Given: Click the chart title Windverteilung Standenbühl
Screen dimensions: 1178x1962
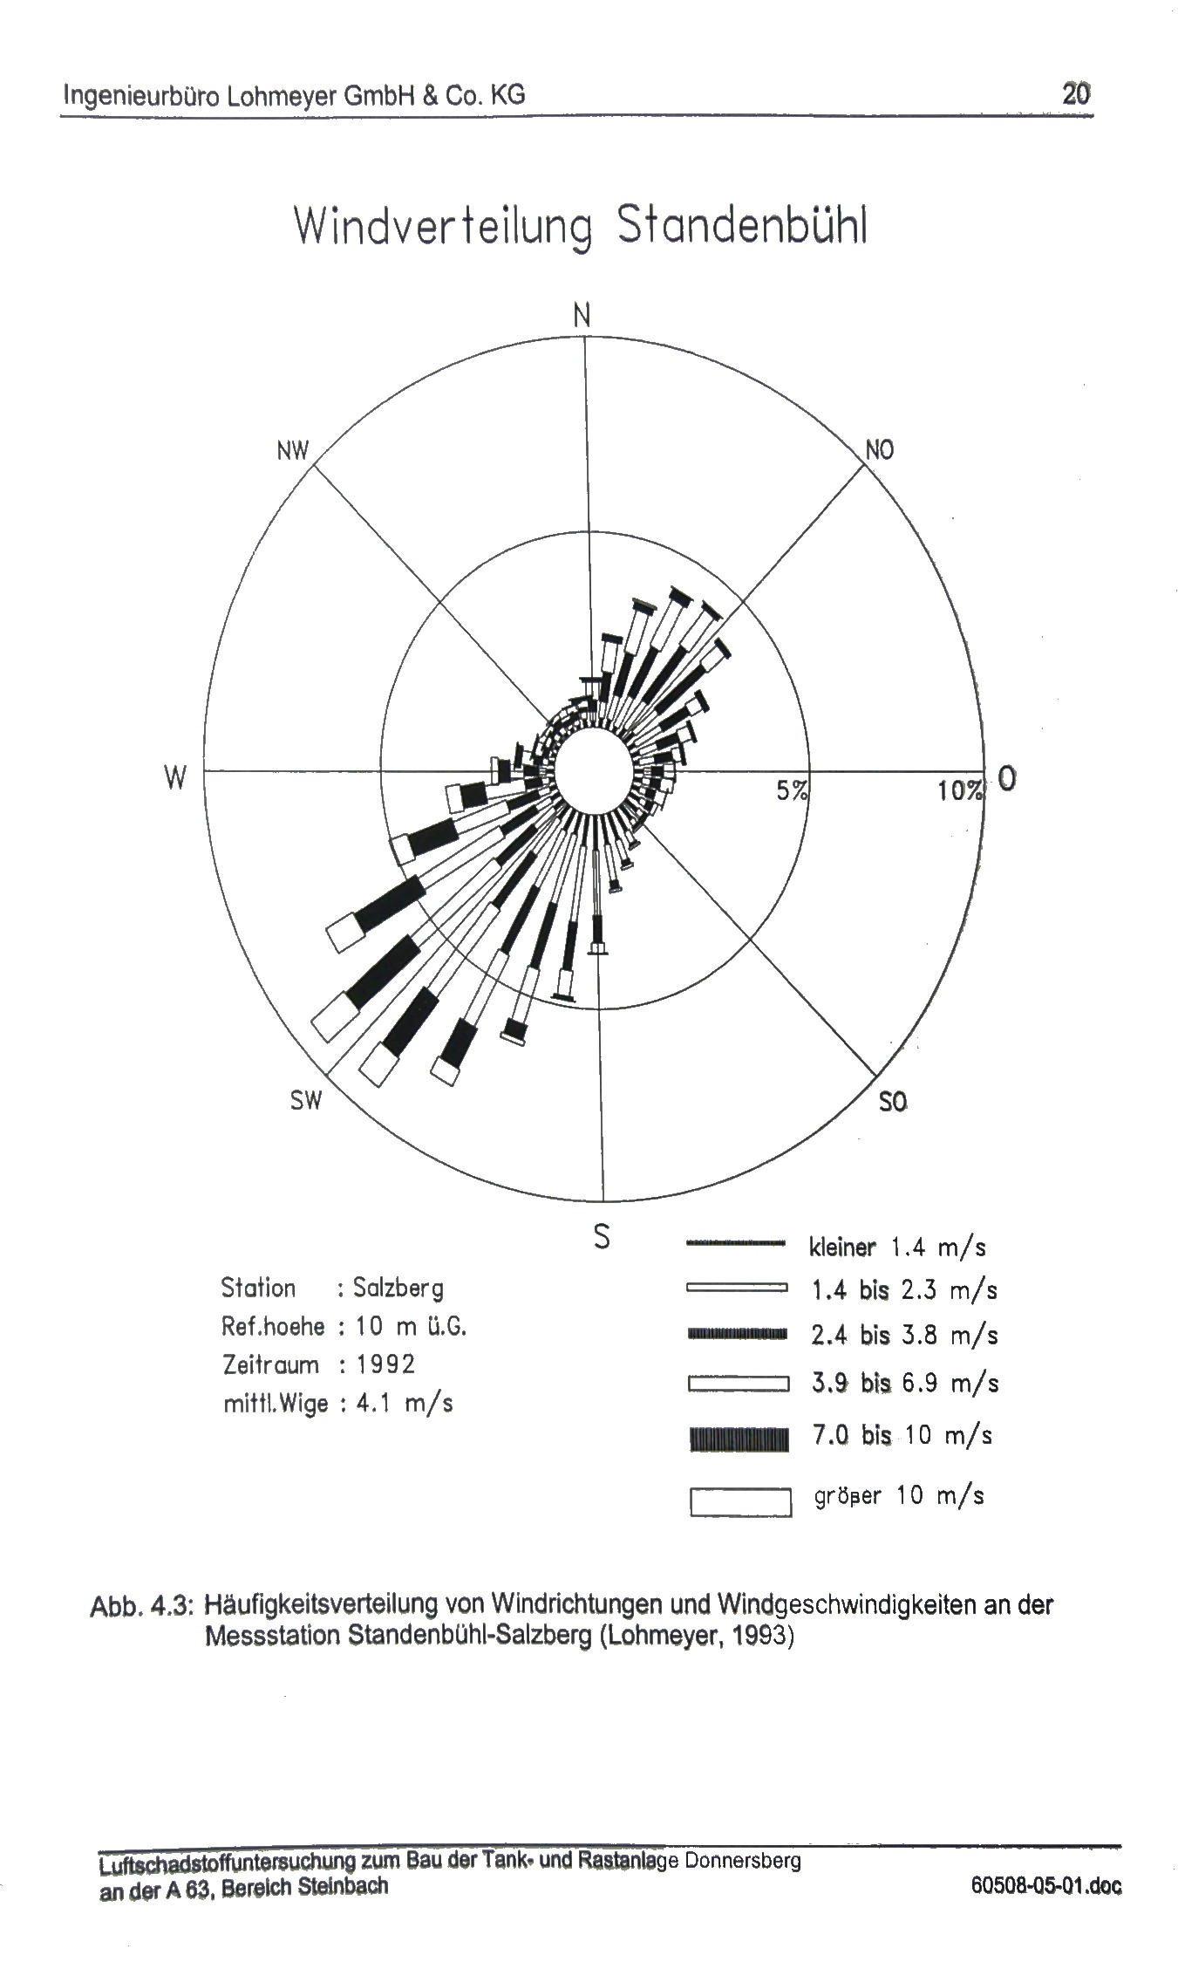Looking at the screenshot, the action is [x=581, y=227].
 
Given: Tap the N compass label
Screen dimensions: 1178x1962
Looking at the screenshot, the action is [x=582, y=315].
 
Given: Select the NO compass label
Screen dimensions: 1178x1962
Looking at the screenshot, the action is [x=879, y=450].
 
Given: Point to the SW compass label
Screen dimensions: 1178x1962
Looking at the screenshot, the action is [x=306, y=1101].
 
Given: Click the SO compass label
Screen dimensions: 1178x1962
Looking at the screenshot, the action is [x=893, y=1103].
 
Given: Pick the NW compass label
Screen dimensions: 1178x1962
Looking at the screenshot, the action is [x=293, y=451].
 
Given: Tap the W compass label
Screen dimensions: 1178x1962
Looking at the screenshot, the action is [x=175, y=777].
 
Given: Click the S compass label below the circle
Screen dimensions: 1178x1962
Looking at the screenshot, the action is [x=602, y=1236].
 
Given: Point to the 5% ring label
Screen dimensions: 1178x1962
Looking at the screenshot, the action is [x=793, y=790].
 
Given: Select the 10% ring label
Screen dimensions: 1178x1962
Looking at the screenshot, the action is [x=961, y=790].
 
